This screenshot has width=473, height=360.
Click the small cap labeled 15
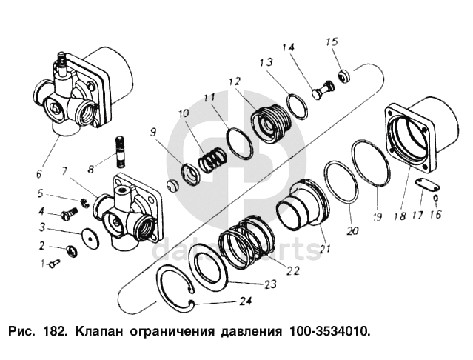coord(344,75)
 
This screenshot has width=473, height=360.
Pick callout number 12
coord(235,80)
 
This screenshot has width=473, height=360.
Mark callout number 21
coord(323,249)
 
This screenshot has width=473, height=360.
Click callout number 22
coord(293,270)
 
